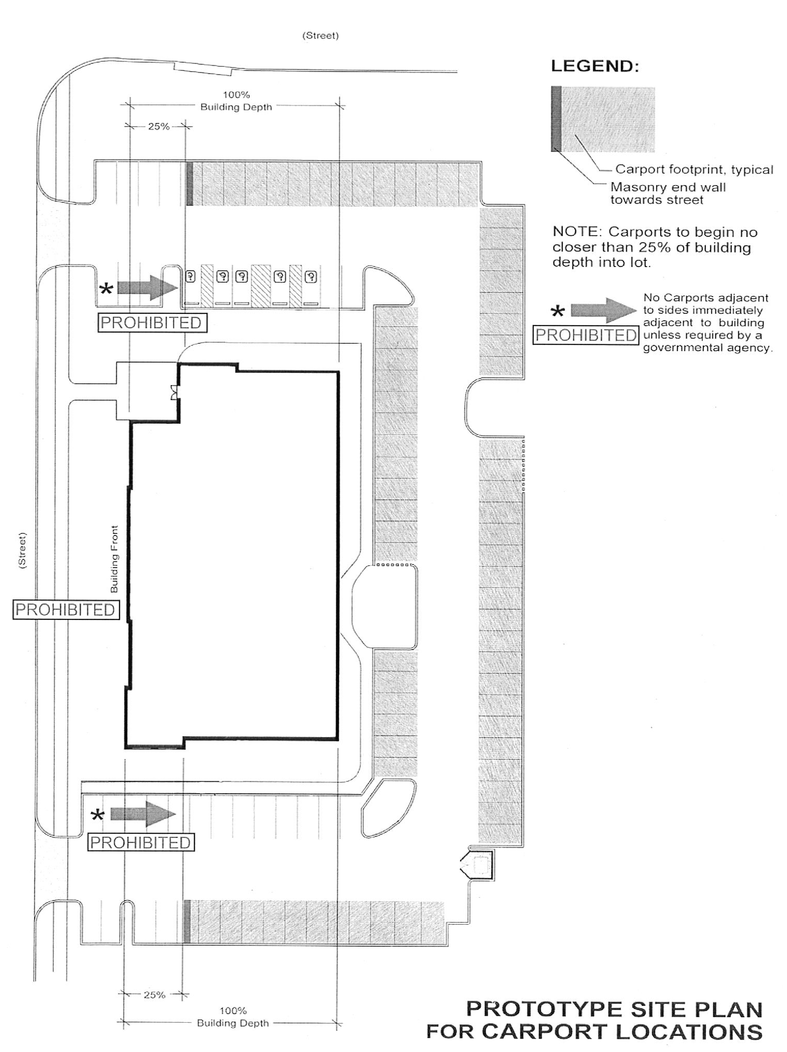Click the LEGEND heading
[x=594, y=66]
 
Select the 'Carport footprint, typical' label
[x=694, y=169]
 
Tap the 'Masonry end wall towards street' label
[x=668, y=193]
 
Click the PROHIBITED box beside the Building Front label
[x=66, y=610]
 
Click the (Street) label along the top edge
[x=320, y=36]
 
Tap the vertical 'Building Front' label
[x=114, y=559]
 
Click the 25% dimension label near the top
[x=158, y=127]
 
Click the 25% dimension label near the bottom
[x=154, y=995]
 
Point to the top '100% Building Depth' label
[x=236, y=101]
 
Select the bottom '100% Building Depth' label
[x=233, y=1017]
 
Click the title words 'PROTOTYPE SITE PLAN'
[x=614, y=1009]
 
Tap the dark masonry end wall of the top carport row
[x=189, y=184]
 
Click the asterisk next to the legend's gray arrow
[x=558, y=312]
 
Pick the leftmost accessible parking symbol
[x=190, y=276]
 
